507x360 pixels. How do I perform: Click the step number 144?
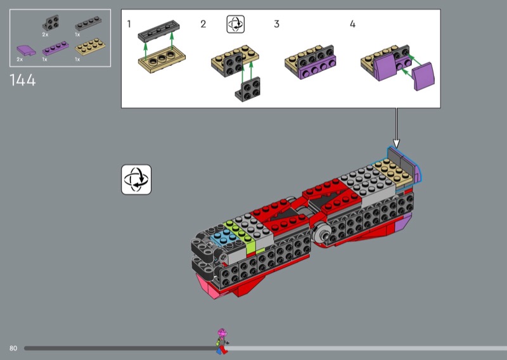click(x=23, y=80)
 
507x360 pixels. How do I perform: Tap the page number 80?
click(x=13, y=349)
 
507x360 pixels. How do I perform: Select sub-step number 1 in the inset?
click(x=129, y=24)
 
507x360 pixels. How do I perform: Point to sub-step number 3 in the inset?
click(x=276, y=24)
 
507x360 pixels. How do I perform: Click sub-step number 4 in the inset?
click(x=353, y=24)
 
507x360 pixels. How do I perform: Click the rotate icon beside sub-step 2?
click(x=235, y=24)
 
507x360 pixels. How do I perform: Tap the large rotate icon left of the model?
click(x=136, y=179)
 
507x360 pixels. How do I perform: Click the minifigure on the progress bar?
click(x=222, y=341)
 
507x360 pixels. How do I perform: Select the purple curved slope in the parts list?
click(x=26, y=50)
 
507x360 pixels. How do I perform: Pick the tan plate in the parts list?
click(x=90, y=46)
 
